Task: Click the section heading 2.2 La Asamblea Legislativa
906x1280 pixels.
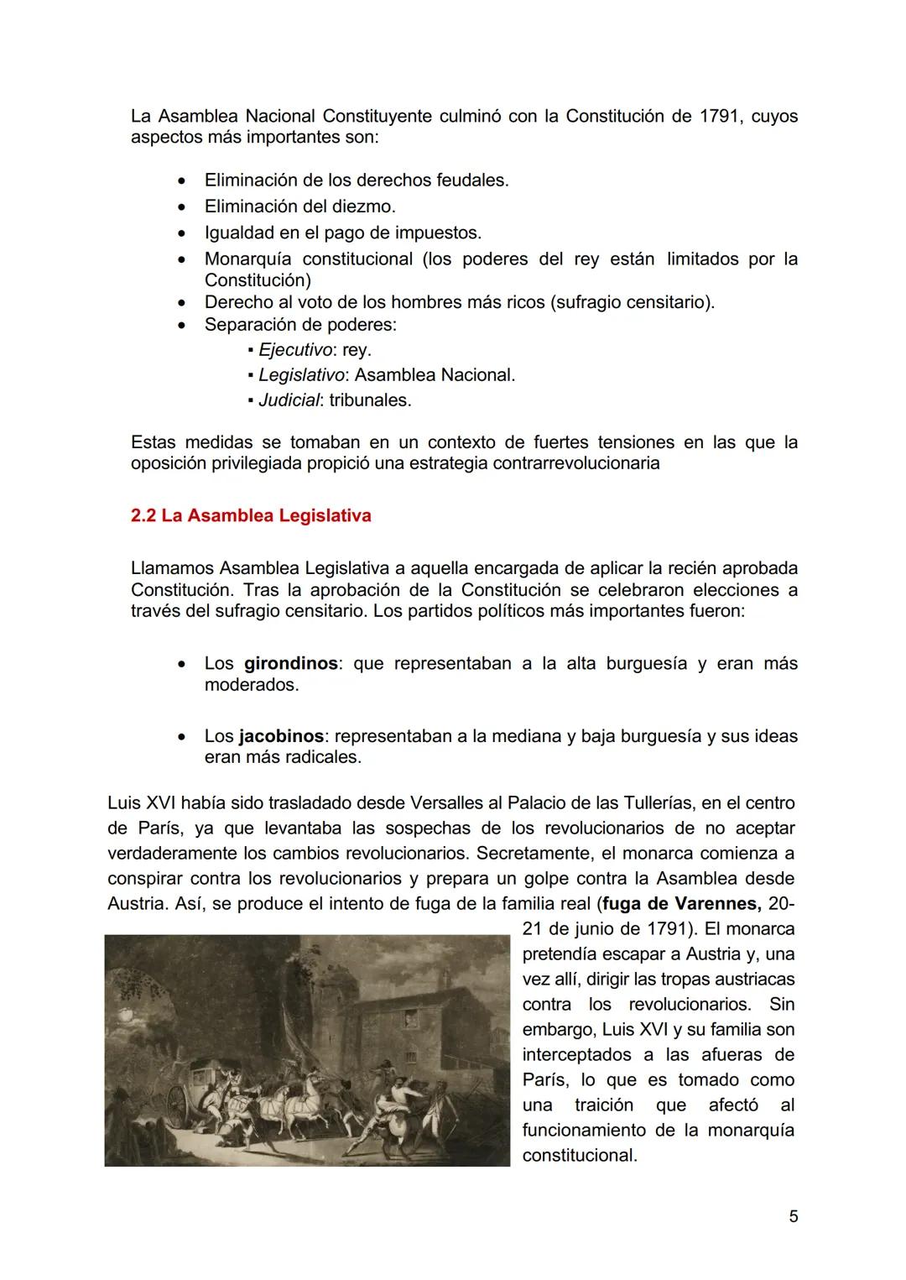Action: click(251, 515)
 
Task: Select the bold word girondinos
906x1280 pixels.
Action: click(290, 663)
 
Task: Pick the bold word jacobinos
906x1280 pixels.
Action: click(280, 736)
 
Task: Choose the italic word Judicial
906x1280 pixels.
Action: click(289, 400)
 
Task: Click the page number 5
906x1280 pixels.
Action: click(793, 1216)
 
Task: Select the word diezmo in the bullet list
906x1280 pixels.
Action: click(362, 206)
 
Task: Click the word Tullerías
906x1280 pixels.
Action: click(648, 803)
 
